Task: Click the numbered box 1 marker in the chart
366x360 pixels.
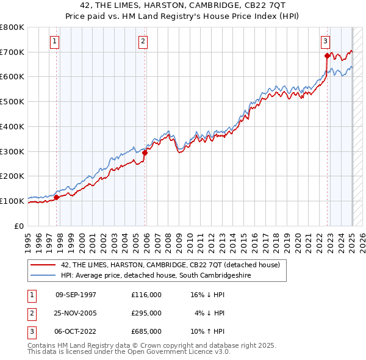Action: point(55,41)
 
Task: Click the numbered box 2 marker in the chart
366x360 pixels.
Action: point(143,41)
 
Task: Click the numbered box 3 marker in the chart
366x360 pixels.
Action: point(325,41)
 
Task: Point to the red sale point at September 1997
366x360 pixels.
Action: point(57,197)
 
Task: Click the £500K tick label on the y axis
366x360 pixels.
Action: point(12,101)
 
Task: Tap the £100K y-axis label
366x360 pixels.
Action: point(12,201)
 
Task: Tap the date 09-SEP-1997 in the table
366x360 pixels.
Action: point(76,294)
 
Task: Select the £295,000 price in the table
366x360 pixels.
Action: point(146,313)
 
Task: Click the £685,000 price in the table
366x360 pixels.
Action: point(146,332)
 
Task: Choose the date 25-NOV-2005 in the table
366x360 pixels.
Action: point(76,313)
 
